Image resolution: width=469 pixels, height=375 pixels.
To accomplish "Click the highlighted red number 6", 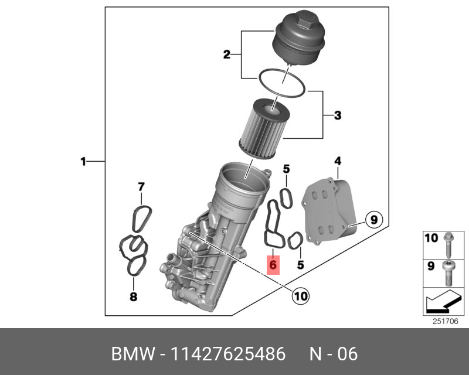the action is pos(273,265).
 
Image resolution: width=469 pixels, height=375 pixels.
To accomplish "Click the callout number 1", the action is pos(83,161).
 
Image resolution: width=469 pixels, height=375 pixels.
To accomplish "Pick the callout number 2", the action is pos(226,55).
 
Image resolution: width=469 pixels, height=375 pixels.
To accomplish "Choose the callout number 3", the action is pos(337,115).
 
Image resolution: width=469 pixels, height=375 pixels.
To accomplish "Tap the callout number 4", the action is pos(337,161).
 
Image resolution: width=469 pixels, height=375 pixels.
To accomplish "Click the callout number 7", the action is pos(141,187).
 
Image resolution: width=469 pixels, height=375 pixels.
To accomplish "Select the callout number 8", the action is pos(133,297).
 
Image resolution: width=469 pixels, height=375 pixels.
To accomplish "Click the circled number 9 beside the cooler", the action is pos(373,220).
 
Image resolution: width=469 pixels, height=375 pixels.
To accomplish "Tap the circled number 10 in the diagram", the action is pos(300,296).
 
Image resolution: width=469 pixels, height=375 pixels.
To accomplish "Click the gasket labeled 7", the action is pos(140,217).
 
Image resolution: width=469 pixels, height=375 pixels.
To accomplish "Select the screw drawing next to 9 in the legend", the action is pos(448,271).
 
